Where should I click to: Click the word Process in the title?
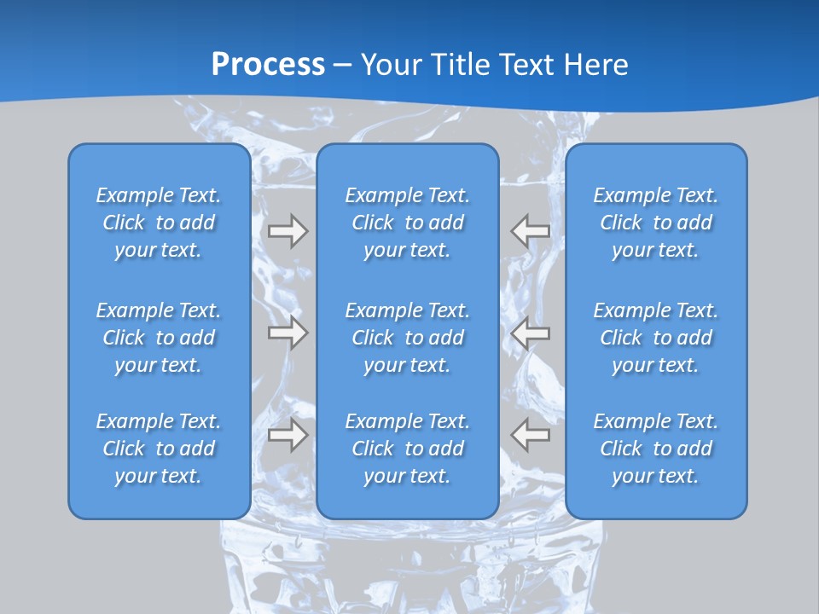(268, 64)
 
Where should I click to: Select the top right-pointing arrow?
(288, 231)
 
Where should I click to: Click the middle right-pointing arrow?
(288, 333)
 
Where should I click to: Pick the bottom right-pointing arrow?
(288, 435)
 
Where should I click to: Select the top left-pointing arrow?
(531, 231)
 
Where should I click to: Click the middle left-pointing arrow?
(531, 333)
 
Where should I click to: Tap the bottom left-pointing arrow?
(531, 435)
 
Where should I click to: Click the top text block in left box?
(159, 223)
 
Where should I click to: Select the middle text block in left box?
(159, 338)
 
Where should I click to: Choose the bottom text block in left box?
(159, 449)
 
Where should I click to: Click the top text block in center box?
(407, 223)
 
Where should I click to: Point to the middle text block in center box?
(407, 338)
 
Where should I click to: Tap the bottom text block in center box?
(407, 449)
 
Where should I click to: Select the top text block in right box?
(655, 223)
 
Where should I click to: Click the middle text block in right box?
(655, 338)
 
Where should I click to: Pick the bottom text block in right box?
(655, 449)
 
